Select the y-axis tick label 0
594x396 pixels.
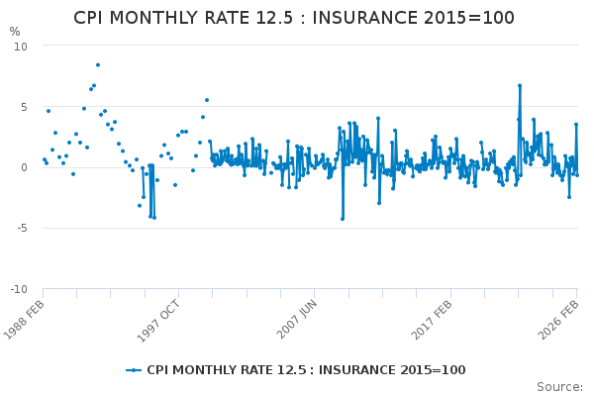(25, 167)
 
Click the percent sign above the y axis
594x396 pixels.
(15, 32)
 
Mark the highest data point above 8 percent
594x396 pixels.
(97, 65)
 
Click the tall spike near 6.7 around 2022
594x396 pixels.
(519, 85)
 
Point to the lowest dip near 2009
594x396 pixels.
(343, 219)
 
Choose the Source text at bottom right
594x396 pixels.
(559, 387)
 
